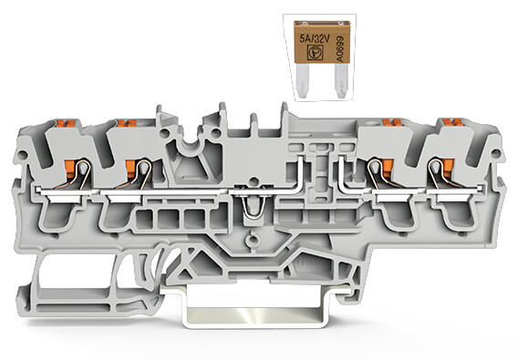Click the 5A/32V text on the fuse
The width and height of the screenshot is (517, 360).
pos(315,39)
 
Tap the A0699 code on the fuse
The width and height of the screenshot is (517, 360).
pos(339,49)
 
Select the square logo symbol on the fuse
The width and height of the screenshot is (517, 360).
pos(315,53)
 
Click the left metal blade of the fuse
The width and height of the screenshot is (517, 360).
pos(303,81)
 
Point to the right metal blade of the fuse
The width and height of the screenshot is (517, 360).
pos(340,81)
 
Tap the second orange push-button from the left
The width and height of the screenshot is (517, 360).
pos(126,123)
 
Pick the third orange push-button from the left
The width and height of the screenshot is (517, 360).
pos(392,123)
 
